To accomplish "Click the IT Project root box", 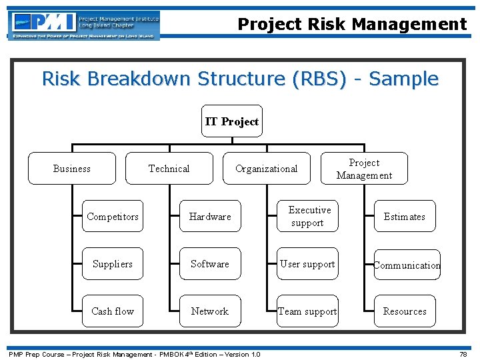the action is (232, 121).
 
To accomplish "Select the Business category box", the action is (72, 169).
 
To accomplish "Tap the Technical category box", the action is (169, 169).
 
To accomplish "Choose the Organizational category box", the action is (267, 169).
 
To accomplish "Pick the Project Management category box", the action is (364, 169).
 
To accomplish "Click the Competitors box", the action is (113, 217).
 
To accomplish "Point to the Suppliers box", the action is (113, 264).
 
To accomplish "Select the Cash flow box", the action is (113, 311).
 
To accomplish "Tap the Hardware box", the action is (210, 217).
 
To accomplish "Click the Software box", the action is (210, 264).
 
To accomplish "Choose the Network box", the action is (210, 311).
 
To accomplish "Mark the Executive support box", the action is (307, 217).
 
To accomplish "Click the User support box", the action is (307, 264).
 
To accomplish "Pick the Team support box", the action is (307, 311).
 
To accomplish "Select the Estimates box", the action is (405, 217).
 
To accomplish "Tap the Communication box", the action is (407, 265).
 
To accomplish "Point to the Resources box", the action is (405, 311).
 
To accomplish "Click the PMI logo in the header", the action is (84, 25).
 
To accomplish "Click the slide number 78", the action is (463, 355).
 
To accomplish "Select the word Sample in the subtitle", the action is (404, 79).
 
